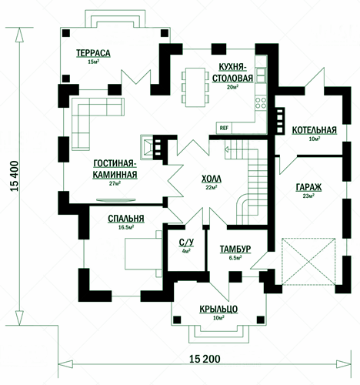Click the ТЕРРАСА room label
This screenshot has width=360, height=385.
point(93,53)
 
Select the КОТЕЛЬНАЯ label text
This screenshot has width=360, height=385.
point(315,130)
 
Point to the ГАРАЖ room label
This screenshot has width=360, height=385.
point(308,187)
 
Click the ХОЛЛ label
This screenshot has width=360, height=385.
point(212,179)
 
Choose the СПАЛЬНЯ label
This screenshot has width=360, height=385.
point(126,219)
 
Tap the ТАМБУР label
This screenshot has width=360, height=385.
point(235,249)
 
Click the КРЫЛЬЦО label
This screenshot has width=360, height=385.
point(218,309)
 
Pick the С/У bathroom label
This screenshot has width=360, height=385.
point(186,243)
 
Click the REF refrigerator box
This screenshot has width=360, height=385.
point(224,128)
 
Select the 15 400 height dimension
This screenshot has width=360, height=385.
point(15,176)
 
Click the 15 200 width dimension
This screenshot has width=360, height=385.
point(205,359)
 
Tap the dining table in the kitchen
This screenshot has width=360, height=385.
point(195,87)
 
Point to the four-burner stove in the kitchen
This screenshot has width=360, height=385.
point(261,103)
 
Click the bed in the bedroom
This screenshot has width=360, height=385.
point(143,254)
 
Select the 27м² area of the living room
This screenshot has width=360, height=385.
point(115,183)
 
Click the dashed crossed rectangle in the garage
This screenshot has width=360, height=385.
point(308,262)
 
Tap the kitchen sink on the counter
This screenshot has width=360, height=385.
point(261,75)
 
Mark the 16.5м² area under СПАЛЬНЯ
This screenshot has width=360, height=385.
point(126,227)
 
